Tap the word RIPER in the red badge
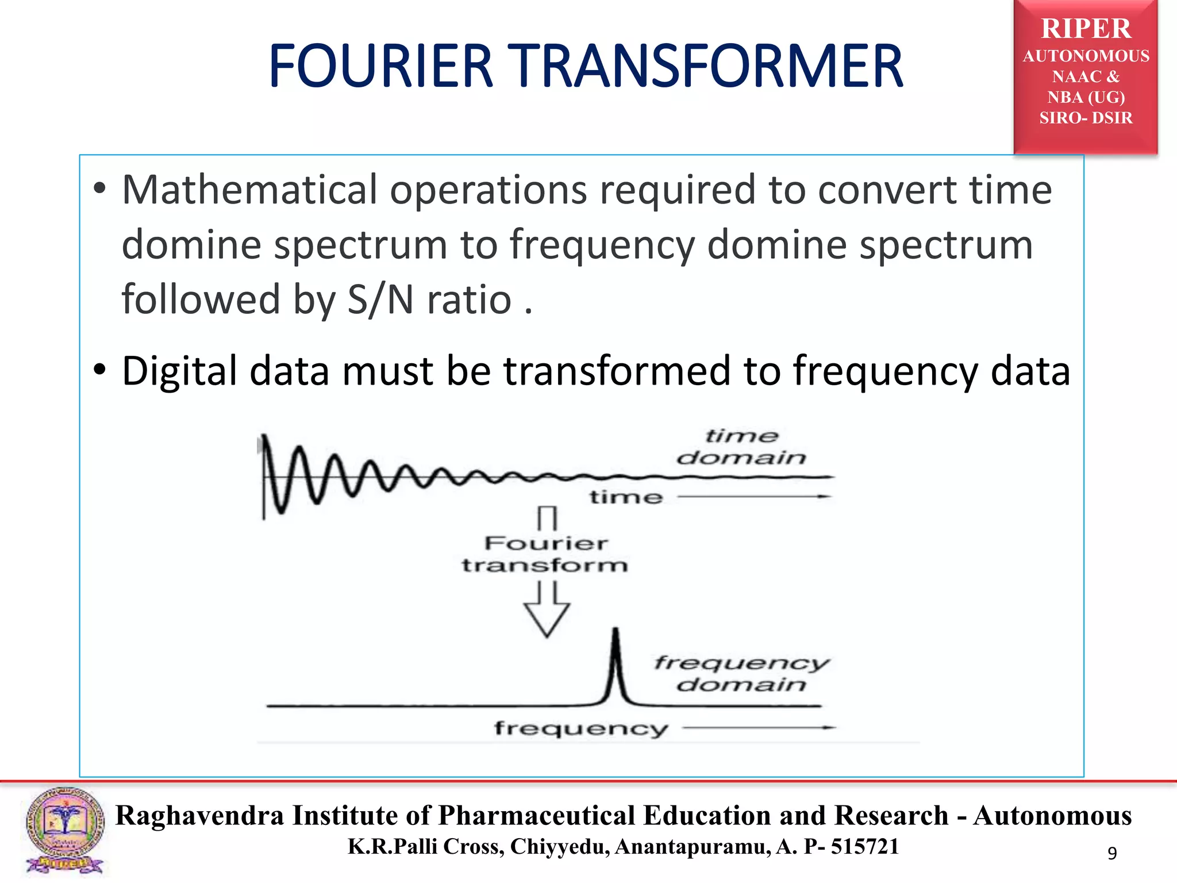point(1086,29)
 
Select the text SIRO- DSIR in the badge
point(1086,118)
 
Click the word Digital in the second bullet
point(179,371)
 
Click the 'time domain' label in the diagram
point(741,447)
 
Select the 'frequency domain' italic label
point(741,673)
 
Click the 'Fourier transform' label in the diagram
point(545,554)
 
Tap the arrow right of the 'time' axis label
point(754,496)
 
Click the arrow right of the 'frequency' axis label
point(759,728)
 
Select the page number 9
point(1112,853)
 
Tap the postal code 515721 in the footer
point(864,847)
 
